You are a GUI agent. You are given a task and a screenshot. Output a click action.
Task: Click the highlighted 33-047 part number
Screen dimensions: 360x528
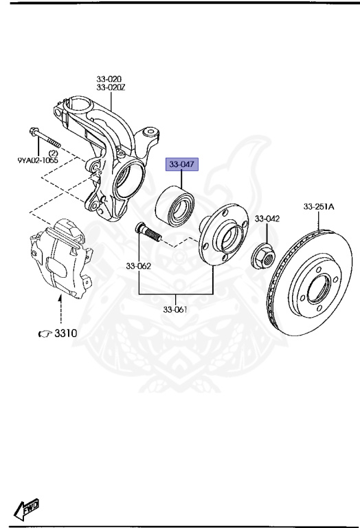[x=181, y=164]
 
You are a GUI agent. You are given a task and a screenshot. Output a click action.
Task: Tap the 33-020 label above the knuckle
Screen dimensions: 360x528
[x=109, y=79]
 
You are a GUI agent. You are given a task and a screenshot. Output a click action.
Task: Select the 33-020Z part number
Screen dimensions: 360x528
[x=111, y=87]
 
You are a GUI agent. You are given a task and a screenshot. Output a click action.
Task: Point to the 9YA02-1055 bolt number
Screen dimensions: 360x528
[x=38, y=159]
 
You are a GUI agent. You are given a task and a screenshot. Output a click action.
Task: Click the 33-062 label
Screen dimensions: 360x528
[x=139, y=266]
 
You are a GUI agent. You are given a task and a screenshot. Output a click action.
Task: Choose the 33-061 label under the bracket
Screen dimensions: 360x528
[x=175, y=309]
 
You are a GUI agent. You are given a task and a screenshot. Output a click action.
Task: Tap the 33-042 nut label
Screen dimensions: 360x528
[x=267, y=219]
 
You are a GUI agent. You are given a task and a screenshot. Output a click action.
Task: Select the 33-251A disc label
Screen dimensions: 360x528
[x=319, y=206]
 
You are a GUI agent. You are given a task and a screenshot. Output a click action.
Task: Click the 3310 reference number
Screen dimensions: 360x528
[x=65, y=333]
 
